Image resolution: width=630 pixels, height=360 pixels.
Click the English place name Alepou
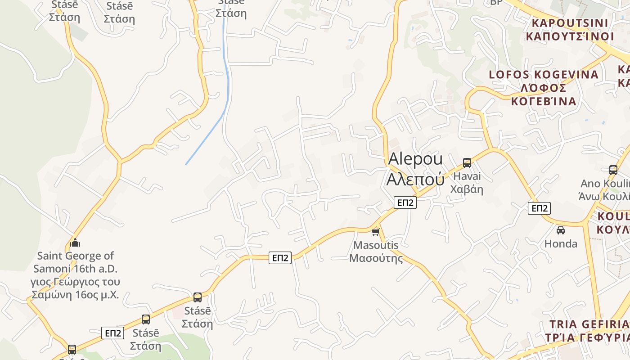415,159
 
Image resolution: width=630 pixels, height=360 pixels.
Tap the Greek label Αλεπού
415,179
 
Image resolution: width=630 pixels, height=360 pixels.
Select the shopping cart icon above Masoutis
376,232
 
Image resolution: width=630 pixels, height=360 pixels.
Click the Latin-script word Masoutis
376,245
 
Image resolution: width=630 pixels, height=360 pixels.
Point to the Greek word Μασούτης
376,258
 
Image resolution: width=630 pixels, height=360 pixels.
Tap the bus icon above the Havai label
467,163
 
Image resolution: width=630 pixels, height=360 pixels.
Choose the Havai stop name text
467,176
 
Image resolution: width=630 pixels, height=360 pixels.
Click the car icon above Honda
561,230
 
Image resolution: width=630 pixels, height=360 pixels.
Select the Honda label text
561,244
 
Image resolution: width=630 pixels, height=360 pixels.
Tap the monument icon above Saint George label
75,243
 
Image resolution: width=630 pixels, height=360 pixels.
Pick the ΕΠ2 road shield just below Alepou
405,203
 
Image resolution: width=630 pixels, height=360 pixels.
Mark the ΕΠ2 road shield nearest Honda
539,208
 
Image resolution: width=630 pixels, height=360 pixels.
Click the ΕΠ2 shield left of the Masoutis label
280,258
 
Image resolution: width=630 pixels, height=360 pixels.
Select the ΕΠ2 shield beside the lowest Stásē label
112,333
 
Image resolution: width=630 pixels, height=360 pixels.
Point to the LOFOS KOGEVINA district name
544,75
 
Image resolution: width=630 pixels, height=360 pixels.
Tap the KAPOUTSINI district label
570,23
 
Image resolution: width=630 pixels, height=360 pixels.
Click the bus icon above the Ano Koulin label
613,170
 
